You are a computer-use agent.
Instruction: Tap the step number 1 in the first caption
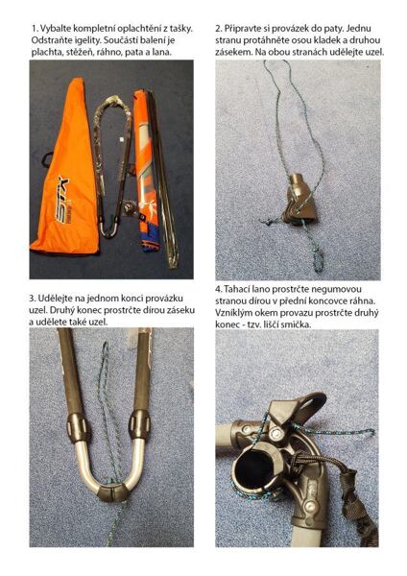[34, 29]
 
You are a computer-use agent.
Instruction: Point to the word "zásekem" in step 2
[233, 52]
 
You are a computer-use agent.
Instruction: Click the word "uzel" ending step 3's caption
[100, 323]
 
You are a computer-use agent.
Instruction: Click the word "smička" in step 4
[299, 324]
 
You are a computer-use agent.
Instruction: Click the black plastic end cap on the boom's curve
[111, 492]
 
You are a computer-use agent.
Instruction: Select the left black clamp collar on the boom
[77, 427]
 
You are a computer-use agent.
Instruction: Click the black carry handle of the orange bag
[47, 159]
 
